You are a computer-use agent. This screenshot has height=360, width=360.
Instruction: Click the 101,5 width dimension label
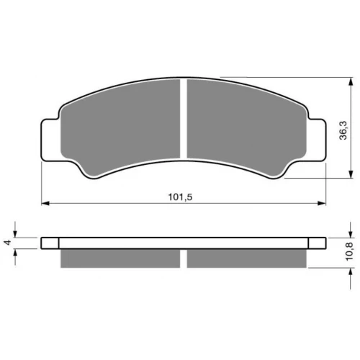(180, 197)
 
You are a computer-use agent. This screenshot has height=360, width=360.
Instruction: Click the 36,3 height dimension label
(343, 130)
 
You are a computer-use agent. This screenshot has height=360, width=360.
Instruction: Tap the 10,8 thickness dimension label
(349, 251)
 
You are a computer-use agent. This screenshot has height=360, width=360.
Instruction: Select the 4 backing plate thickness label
(9, 243)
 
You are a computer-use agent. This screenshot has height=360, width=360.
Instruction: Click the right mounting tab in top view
(317, 140)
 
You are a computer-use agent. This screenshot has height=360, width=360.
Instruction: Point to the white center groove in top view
(184, 119)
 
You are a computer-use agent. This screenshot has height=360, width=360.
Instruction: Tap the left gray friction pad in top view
(120, 127)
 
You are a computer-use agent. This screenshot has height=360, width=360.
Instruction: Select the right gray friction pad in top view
(247, 127)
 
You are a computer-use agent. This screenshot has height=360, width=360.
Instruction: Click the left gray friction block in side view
(120, 258)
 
